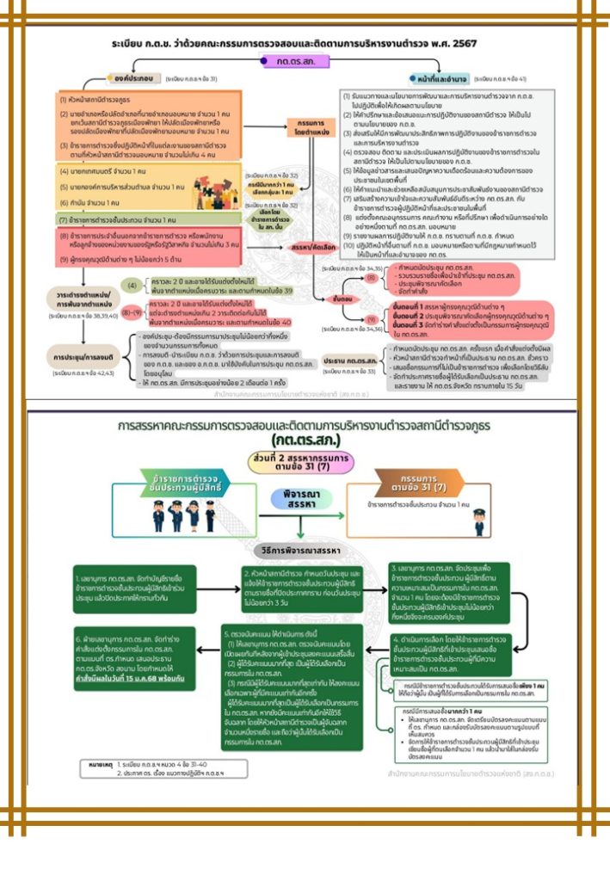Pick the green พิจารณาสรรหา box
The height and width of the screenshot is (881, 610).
click(300, 501)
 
